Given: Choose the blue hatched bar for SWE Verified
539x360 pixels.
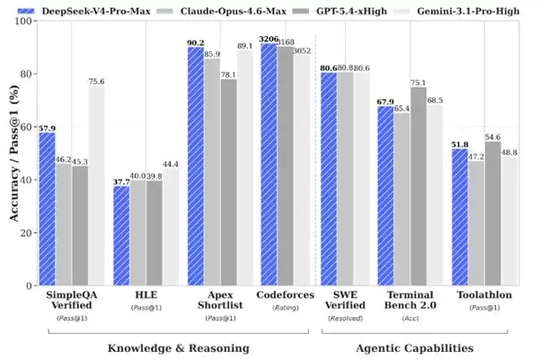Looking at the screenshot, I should coord(329,179).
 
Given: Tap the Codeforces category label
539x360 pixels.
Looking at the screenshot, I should coord(285,294).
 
